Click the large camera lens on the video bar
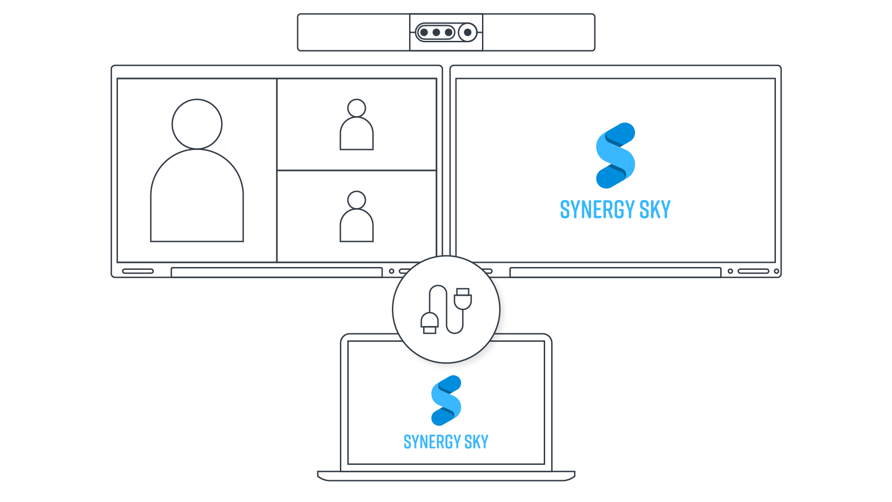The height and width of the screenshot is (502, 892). point(468,33)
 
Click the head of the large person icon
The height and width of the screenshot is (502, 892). point(197,124)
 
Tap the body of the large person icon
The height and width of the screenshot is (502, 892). point(197,196)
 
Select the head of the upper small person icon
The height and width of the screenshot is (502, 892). point(357,108)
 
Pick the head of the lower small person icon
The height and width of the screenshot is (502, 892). point(357,200)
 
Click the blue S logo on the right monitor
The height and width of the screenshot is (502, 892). point(615,156)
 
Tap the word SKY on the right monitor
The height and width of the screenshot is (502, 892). point(655,209)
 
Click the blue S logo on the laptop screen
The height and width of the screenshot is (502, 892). point(446,400)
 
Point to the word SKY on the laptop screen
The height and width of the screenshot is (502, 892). point(476,442)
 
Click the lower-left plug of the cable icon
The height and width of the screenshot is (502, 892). point(430,323)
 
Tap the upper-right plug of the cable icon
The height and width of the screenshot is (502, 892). point(463,299)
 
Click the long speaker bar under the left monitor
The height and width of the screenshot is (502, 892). point(277,272)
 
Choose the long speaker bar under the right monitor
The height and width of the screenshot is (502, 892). point(615,272)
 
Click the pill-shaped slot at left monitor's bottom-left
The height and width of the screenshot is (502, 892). point(138,271)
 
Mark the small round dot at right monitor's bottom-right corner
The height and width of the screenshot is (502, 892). point(776,271)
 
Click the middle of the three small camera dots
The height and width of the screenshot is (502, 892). point(436,33)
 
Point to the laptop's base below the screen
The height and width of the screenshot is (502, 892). point(446,476)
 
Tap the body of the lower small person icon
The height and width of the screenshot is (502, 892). point(357,226)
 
